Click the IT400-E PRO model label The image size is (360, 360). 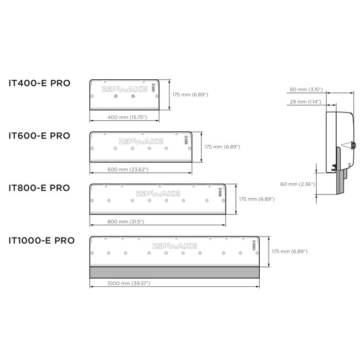(39, 84)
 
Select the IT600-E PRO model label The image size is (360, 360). (39, 135)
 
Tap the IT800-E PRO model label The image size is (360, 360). (39, 187)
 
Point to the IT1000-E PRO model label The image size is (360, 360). (42, 240)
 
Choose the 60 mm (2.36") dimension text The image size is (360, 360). (298, 184)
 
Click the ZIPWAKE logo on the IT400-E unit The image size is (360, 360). (122, 88)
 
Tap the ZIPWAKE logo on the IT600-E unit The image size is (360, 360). (141, 141)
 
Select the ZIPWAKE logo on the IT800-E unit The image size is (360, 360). (160, 193)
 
